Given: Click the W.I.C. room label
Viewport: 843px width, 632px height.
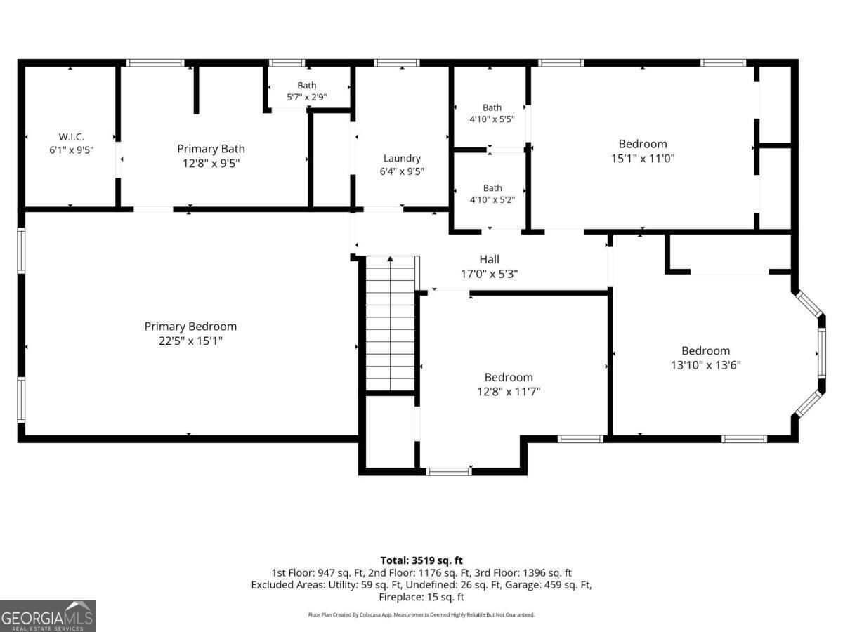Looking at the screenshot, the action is (x=72, y=137).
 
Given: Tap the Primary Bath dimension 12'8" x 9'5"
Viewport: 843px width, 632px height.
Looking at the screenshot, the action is (x=211, y=164).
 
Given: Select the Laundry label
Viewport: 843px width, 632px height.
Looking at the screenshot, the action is (x=402, y=159).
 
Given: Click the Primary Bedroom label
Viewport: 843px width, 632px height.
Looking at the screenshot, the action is (x=190, y=327).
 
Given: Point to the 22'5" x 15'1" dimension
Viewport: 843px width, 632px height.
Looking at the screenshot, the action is (x=190, y=341).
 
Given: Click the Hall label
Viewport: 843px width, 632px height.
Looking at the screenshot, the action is (x=489, y=259).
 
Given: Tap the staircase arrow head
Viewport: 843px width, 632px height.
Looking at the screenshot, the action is (x=390, y=259).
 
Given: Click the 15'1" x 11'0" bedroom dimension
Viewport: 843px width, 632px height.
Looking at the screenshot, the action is (x=643, y=159).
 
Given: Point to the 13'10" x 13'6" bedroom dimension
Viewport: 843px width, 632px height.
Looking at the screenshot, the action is (x=705, y=365).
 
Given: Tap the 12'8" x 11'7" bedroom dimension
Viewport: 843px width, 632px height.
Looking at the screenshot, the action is (x=509, y=392).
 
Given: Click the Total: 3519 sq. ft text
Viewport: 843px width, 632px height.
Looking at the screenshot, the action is (x=421, y=560).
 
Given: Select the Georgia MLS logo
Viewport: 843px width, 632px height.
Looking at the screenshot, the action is (x=48, y=616).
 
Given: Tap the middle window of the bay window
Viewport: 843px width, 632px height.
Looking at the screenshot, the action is (x=821, y=353).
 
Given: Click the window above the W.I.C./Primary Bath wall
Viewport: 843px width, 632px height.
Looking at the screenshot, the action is (x=155, y=63).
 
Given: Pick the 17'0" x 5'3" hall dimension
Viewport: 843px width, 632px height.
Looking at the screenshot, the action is (x=489, y=274).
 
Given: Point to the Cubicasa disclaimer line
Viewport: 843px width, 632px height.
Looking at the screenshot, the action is (x=421, y=615).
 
